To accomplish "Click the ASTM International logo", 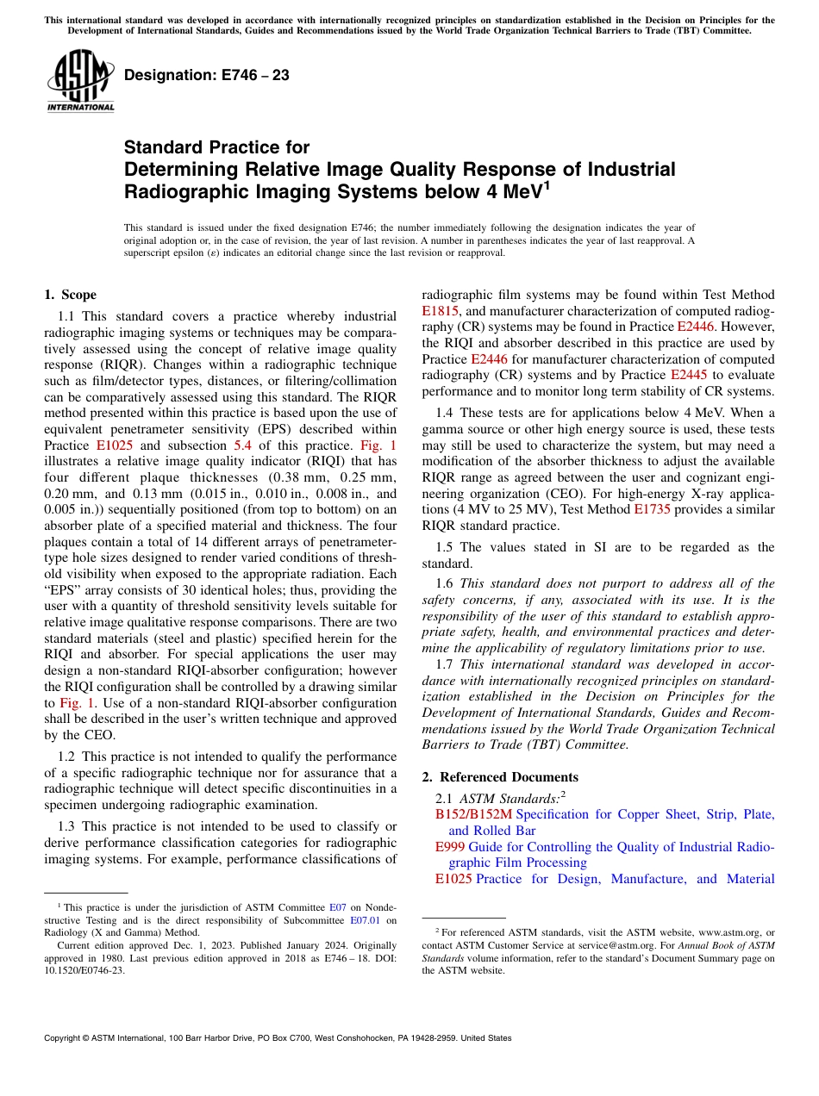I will (x=79, y=81).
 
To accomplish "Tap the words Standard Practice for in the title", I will (x=216, y=147).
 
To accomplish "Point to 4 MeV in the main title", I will (x=515, y=190).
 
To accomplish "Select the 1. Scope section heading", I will (x=70, y=295).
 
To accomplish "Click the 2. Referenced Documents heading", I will (x=500, y=777).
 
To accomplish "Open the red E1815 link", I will (x=440, y=311).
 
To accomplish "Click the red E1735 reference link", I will (x=651, y=510).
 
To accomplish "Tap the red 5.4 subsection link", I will (x=243, y=445).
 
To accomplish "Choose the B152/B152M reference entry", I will (x=473, y=814).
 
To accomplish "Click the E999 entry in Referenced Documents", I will (x=450, y=847).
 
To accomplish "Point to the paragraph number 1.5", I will (x=448, y=547).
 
